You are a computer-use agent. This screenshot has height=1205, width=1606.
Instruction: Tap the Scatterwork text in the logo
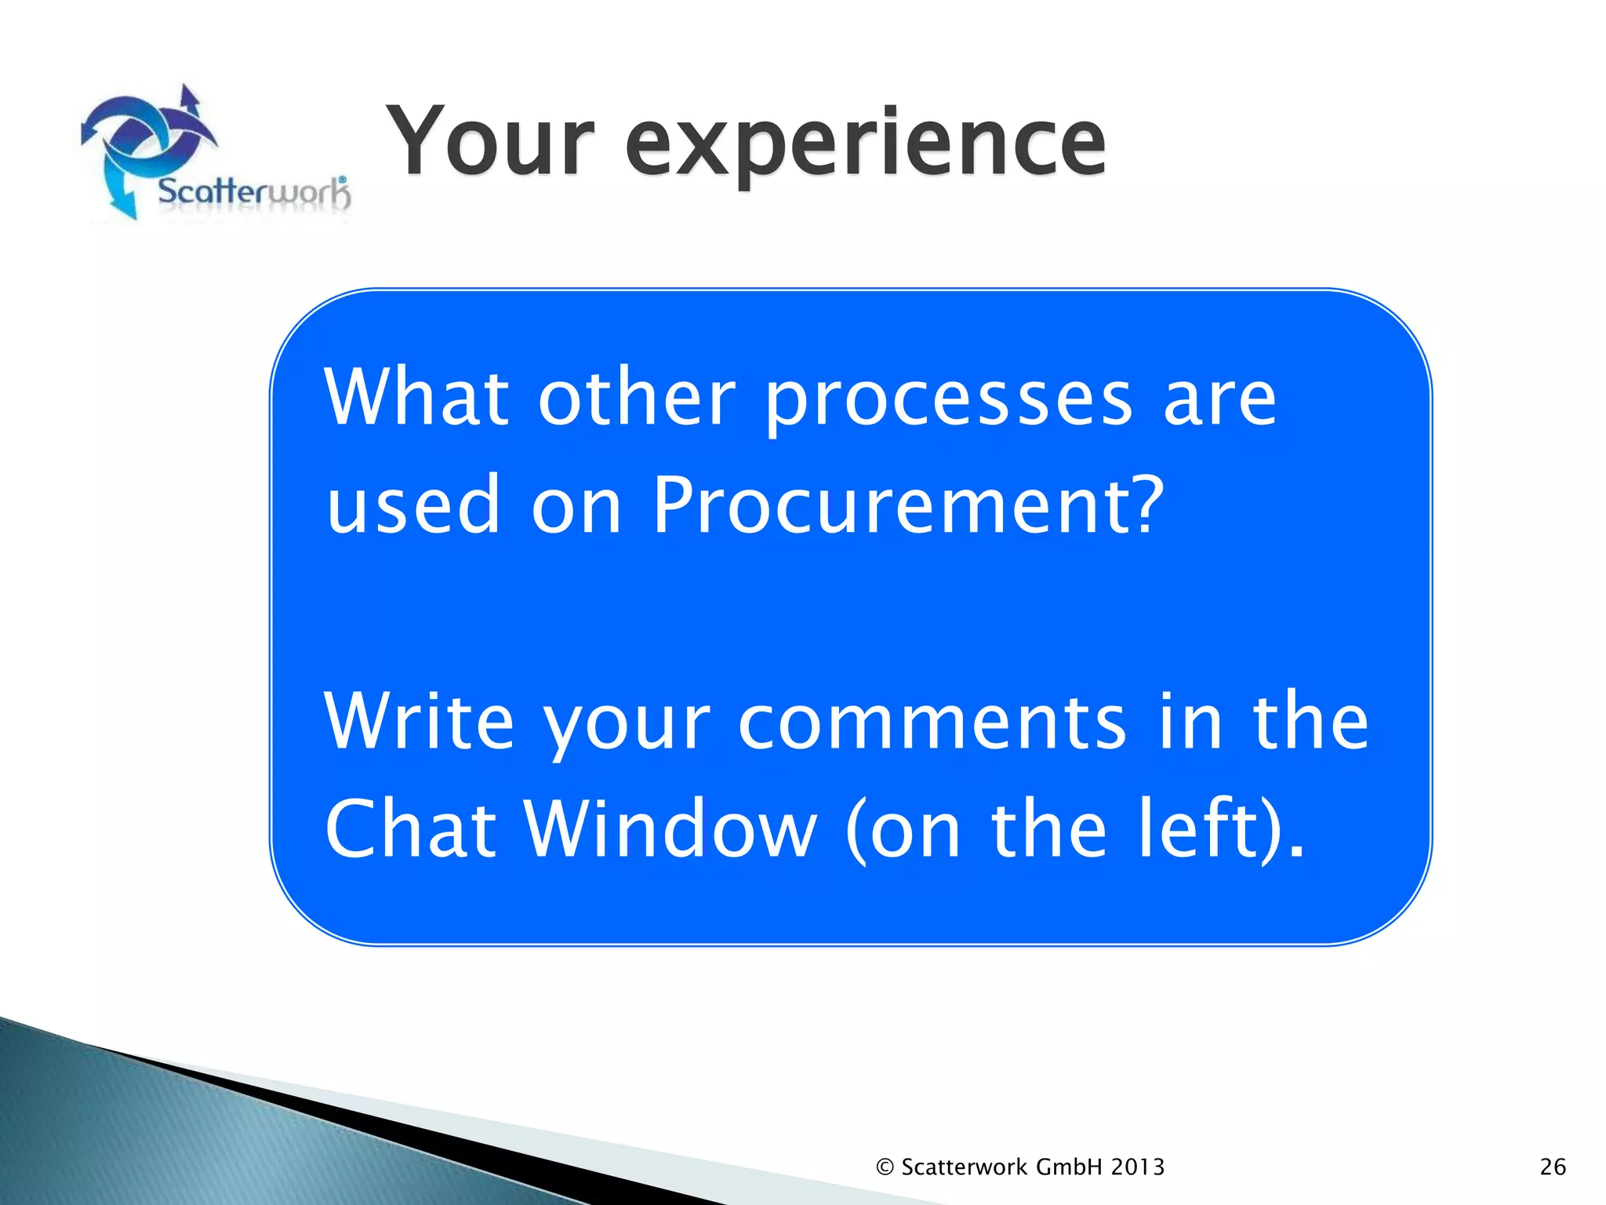253,192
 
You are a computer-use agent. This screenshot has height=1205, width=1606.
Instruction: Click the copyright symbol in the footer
885,1167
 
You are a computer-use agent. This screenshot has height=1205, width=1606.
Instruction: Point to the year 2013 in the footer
1138,1167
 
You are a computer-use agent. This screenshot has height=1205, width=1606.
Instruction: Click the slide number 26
1553,1167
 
